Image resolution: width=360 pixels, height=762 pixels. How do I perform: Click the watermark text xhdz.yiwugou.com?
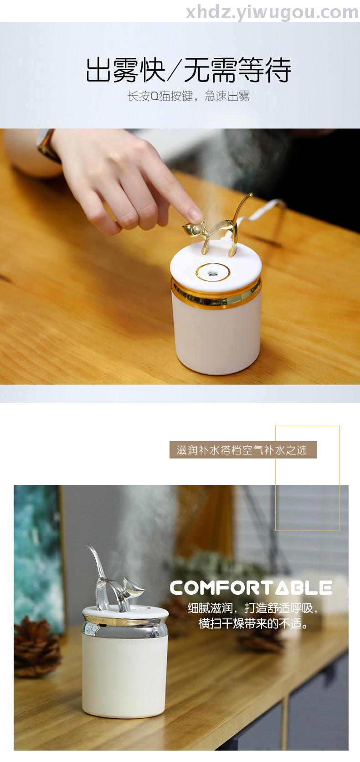[x=272, y=13]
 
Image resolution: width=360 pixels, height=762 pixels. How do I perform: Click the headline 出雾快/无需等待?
[x=189, y=70]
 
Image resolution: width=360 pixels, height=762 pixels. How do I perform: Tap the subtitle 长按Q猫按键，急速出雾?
[x=189, y=96]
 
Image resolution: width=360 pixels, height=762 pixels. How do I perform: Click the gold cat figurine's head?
[x=192, y=227]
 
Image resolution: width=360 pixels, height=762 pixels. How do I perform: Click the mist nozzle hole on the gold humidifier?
[x=213, y=273]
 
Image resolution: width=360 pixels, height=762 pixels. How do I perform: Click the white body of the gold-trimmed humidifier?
[x=216, y=337]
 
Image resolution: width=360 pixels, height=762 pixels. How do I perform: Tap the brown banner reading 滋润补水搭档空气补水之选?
[x=243, y=450]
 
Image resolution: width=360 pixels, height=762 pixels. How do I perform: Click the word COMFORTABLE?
[x=251, y=587]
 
